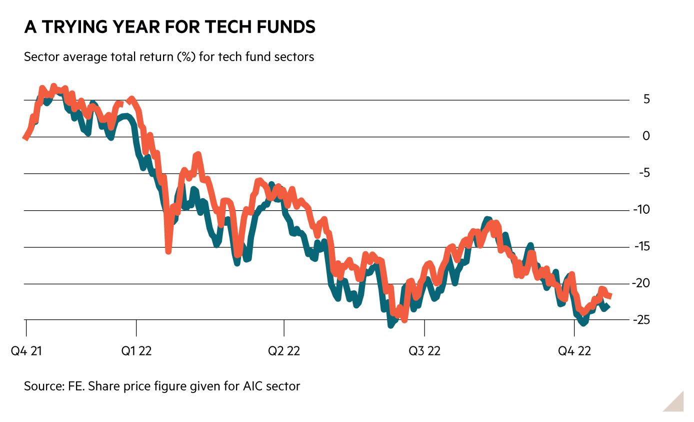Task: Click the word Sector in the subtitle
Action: pyautogui.click(x=39, y=57)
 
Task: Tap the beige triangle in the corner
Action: pyautogui.click(x=676, y=404)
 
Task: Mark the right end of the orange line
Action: pyautogui.click(x=610, y=296)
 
